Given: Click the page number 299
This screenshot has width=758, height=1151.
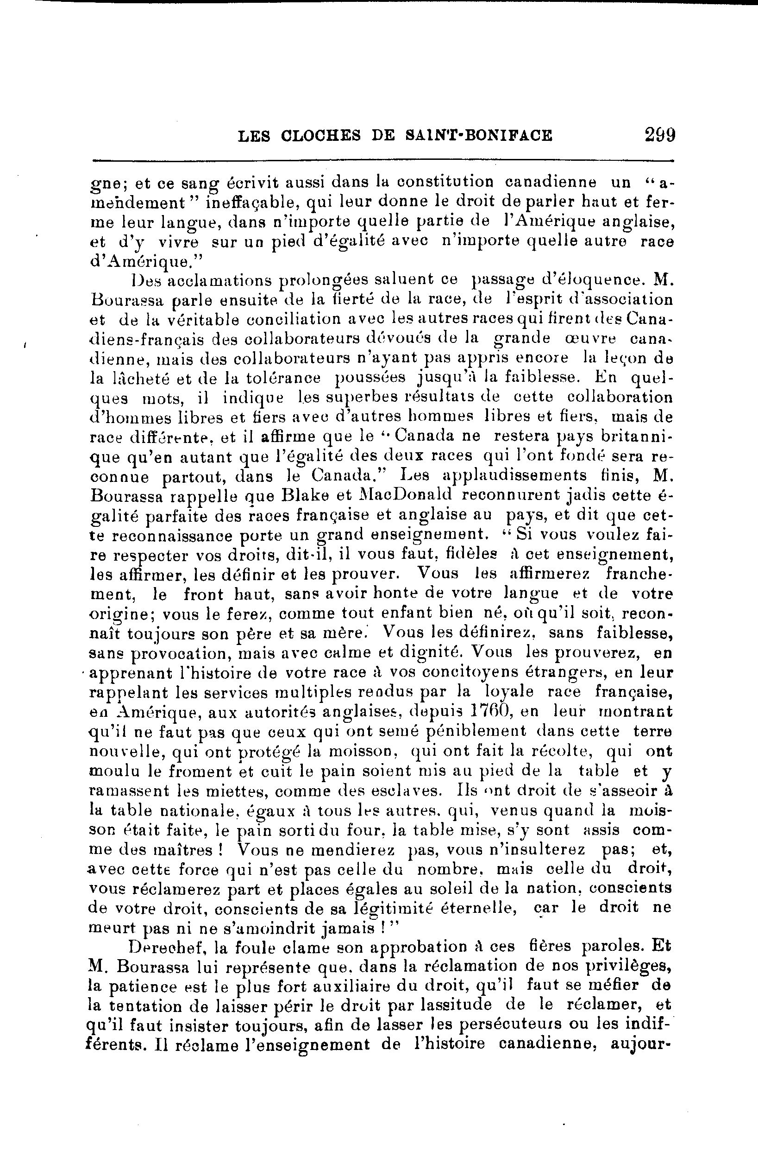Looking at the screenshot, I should tap(659, 134).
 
